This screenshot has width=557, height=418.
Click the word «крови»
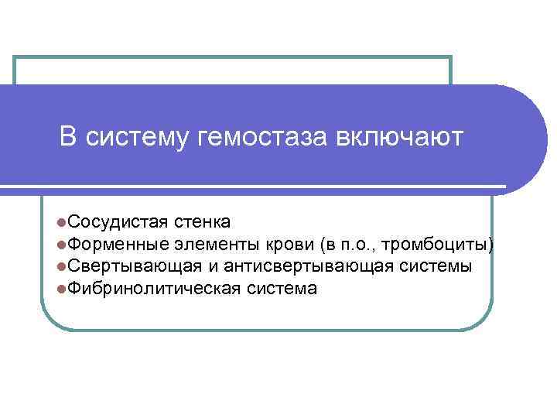click(x=289, y=245)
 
